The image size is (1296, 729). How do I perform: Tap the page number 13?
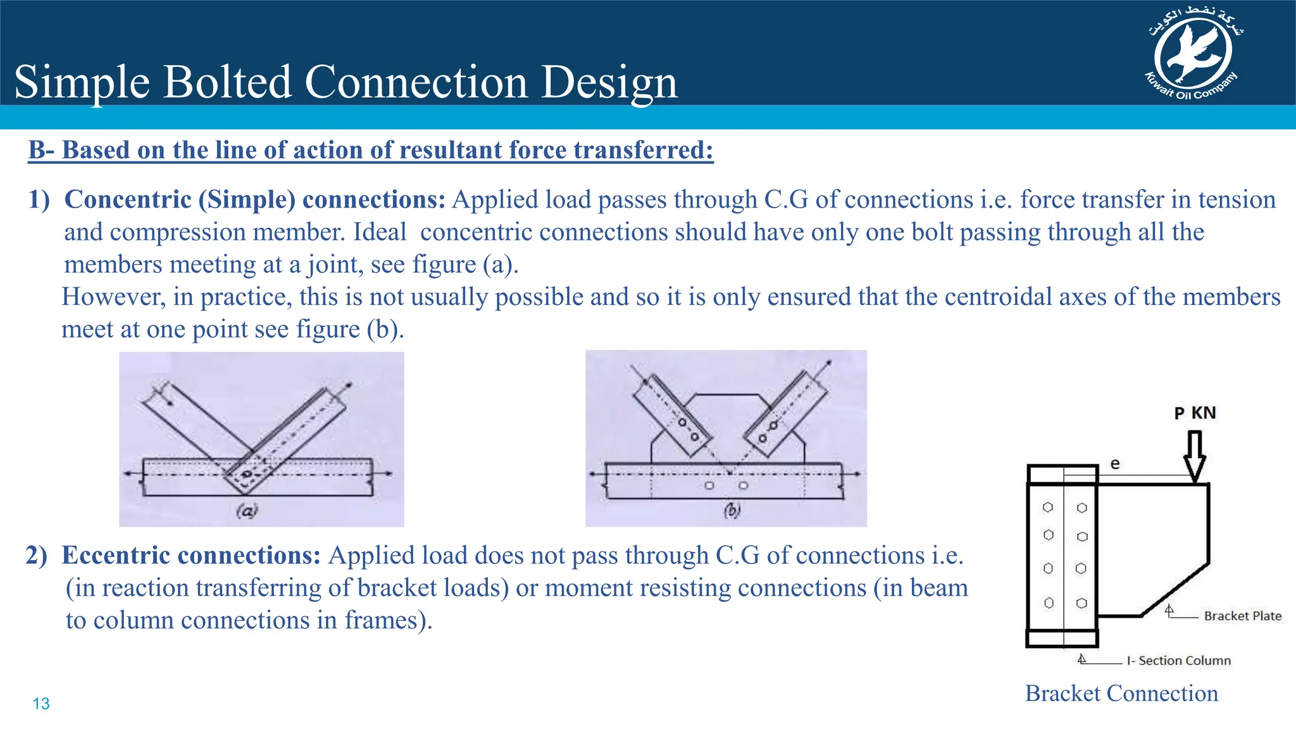(x=41, y=704)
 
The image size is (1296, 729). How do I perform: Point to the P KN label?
(x=1195, y=413)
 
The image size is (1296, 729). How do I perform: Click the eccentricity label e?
(x=1115, y=464)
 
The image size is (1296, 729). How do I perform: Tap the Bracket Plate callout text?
(x=1242, y=616)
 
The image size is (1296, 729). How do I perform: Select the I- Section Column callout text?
(x=1178, y=661)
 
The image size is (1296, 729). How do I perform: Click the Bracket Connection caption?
(x=1121, y=694)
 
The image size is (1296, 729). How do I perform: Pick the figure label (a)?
(x=247, y=510)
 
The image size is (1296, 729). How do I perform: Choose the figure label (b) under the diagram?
(x=732, y=510)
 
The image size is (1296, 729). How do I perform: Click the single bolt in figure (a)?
(x=247, y=474)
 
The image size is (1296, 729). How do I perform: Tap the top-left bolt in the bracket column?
(x=1048, y=508)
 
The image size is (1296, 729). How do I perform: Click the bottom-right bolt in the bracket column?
(x=1082, y=603)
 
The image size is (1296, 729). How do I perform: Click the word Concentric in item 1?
(x=128, y=200)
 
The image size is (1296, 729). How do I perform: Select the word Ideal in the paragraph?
(x=380, y=232)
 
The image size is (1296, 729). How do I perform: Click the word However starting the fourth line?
(x=111, y=297)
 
